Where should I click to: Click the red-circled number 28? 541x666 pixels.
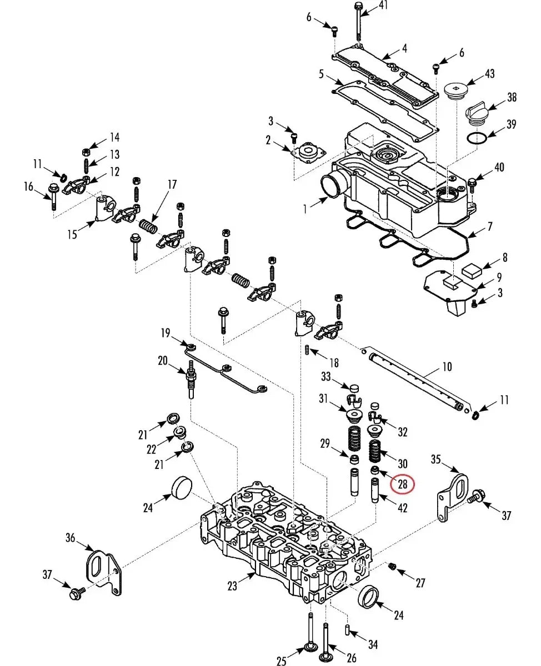[402, 484]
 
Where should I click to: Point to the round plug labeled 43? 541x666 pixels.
[456, 92]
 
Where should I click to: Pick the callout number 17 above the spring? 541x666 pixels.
[172, 184]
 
